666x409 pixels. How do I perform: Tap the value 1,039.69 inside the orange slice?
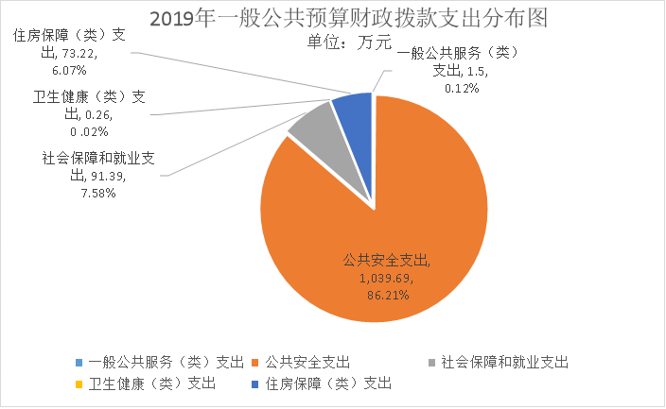(387, 281)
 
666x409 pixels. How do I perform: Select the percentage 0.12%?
(462, 87)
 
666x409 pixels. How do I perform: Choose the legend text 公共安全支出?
(308, 362)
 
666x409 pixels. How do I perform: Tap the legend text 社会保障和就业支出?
(504, 362)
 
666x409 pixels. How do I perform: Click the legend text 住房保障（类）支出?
(329, 383)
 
